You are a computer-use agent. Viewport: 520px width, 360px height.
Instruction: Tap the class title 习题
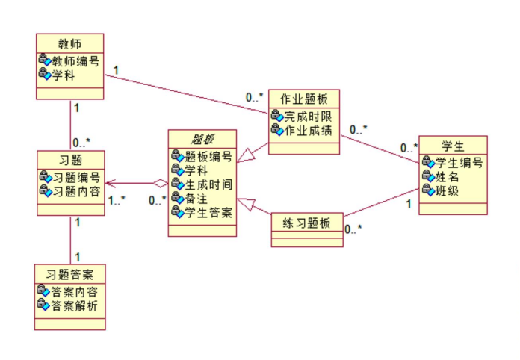70,160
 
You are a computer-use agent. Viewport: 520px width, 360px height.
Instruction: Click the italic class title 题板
202,139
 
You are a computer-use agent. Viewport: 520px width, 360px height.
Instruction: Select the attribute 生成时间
208,184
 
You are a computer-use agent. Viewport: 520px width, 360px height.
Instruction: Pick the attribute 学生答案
208,212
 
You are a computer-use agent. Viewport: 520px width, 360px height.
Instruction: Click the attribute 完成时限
308,117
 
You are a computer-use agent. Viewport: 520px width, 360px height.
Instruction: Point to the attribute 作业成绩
308,130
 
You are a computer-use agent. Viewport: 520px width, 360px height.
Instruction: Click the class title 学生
453,146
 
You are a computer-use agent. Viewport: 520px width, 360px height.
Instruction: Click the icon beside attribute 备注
178,198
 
